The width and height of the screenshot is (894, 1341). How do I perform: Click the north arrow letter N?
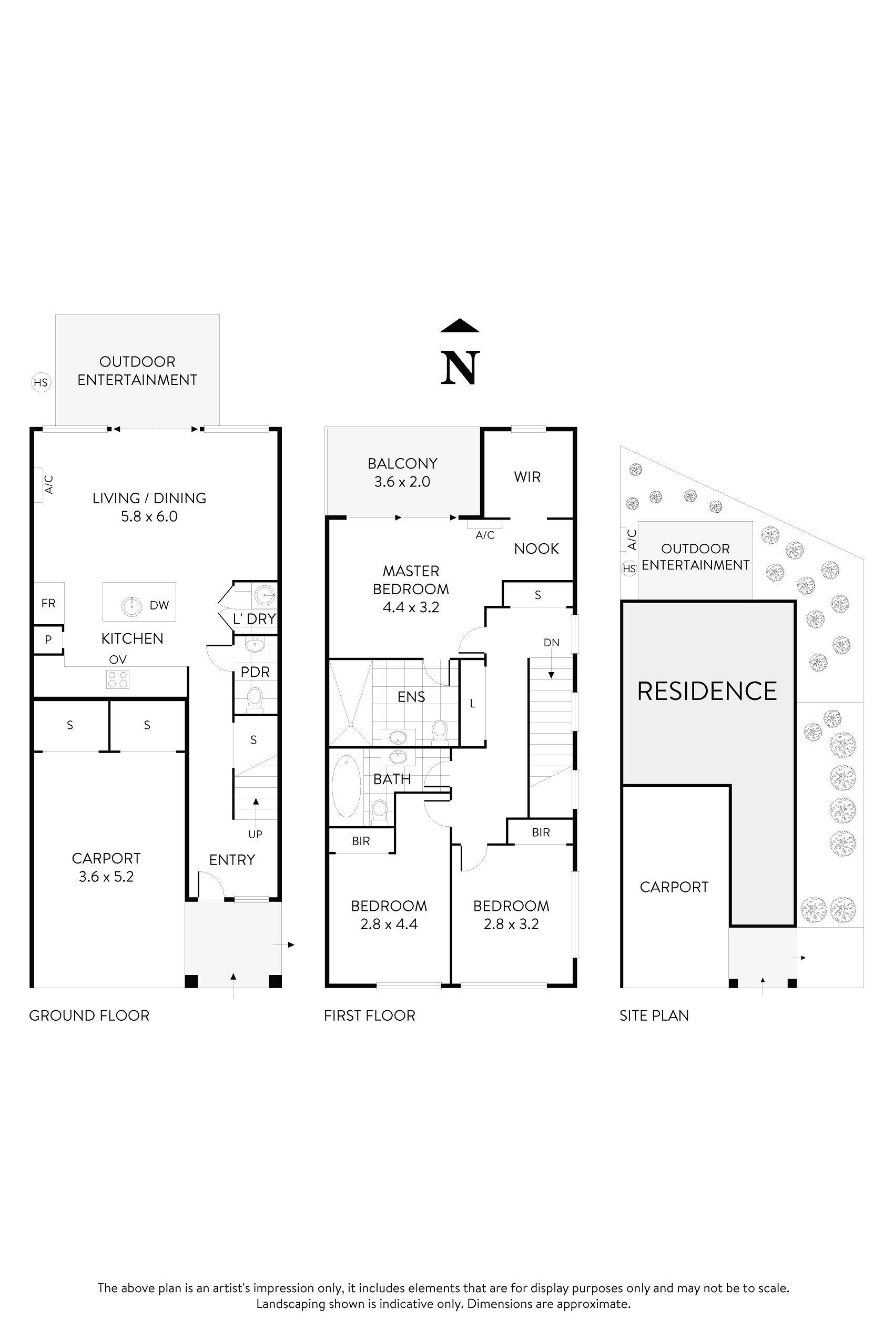[x=460, y=368]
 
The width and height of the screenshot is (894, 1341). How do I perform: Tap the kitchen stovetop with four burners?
[x=117, y=679]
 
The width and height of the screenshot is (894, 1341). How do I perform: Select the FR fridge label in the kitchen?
[x=48, y=603]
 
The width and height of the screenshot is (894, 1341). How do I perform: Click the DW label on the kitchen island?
[x=160, y=605]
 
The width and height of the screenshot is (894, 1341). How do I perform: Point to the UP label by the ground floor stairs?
[x=256, y=834]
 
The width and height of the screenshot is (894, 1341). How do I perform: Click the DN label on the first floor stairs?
[x=551, y=643]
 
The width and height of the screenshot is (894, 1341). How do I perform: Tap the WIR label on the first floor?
[x=527, y=476]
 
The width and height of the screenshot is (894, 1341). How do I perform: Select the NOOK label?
[x=536, y=548]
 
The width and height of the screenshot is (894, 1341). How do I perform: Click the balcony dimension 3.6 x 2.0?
[x=402, y=482]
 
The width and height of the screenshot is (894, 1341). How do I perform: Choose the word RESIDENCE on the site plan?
[x=707, y=691]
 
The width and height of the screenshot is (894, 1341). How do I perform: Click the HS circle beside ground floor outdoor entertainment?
[x=40, y=382]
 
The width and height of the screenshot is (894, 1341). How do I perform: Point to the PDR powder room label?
[x=255, y=672]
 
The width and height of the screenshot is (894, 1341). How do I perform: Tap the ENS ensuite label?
[x=411, y=696]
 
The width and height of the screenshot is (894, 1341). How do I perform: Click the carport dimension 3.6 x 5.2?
[x=106, y=876]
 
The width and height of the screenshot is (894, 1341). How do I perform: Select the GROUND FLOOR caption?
[x=89, y=1015]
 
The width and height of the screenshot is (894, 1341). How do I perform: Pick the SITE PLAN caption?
[x=654, y=1015]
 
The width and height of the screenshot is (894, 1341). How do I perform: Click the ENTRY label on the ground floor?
[x=232, y=860]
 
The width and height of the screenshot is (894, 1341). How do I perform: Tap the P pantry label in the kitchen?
[x=48, y=639]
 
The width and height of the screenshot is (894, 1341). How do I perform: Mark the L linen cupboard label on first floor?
[x=473, y=704]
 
